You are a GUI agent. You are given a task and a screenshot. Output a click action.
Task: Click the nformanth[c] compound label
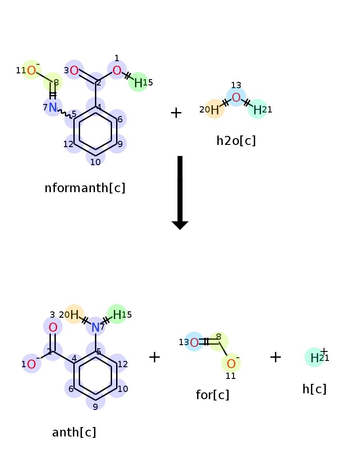coord(85,188)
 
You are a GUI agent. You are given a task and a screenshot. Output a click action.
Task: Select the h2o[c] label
coord(236,141)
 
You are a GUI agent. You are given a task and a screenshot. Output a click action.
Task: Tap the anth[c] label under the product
coord(74,432)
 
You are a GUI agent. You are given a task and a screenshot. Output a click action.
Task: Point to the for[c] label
coord(212,395)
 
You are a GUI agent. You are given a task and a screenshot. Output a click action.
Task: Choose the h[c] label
coord(314,389)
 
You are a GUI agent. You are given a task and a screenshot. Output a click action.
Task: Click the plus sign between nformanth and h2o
coord(176,113)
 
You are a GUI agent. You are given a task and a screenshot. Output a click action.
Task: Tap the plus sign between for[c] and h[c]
coord(275,357)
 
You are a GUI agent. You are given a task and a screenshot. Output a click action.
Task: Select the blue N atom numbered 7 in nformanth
coord(53,107)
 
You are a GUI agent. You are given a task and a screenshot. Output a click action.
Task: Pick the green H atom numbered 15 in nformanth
coord(138,82)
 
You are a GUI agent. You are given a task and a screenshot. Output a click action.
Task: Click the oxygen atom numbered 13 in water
coord(236,97)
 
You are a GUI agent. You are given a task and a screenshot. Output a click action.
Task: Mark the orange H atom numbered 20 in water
coord(215,109)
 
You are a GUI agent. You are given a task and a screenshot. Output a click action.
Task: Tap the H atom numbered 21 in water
coord(257,109)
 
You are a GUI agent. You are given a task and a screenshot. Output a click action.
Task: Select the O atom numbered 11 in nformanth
coord(31,70)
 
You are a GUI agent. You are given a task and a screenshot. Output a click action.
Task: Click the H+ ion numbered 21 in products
coord(315,358)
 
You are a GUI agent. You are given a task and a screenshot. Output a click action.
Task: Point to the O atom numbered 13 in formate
coord(194,342)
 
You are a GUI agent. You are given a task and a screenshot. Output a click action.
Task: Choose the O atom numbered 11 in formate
coord(231,364)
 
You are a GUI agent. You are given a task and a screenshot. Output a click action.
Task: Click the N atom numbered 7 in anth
coord(95,327)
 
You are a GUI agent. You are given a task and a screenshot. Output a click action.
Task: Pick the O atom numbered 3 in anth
coord(53,327)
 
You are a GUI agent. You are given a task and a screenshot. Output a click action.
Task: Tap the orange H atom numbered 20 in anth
coord(74,315)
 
